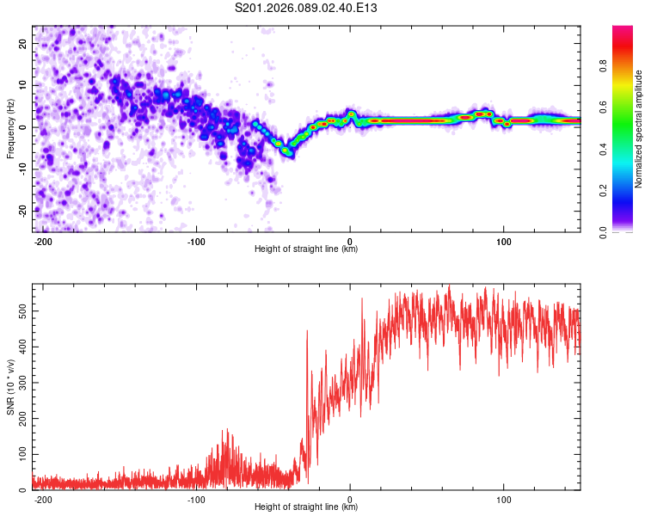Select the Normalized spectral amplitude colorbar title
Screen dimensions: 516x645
coord(639,129)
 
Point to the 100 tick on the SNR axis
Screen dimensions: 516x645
coord(21,453)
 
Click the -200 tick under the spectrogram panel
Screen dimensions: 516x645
coord(42,241)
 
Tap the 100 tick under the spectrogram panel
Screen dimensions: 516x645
coord(504,241)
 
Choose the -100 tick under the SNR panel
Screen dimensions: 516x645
coord(195,499)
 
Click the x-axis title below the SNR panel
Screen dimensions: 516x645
coord(306,507)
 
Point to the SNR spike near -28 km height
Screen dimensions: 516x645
coord(307,330)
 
